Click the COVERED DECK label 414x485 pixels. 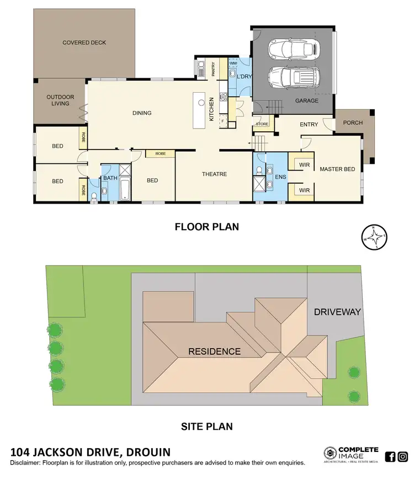(84, 42)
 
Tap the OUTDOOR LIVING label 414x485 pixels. (60, 100)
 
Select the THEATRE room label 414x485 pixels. (214, 174)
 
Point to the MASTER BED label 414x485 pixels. (337, 169)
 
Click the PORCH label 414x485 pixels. (353, 122)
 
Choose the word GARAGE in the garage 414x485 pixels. (306, 101)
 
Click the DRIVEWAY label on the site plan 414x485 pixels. (337, 312)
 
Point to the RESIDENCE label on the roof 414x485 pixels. (214, 351)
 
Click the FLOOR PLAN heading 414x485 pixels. (206, 226)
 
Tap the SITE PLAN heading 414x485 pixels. (206, 426)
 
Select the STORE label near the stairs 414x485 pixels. (262, 124)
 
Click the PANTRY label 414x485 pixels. (213, 70)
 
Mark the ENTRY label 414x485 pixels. (309, 125)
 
